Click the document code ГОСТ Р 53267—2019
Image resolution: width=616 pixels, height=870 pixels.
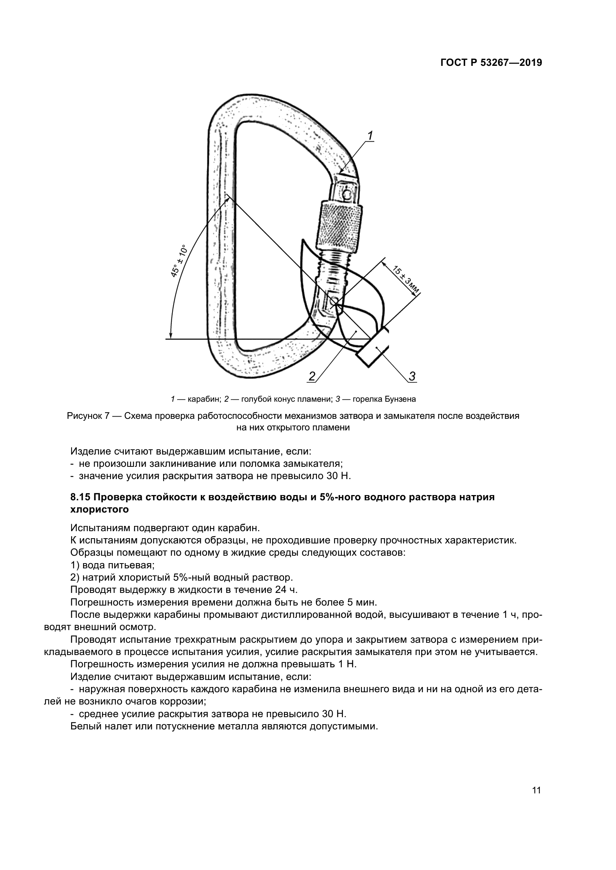tap(491, 63)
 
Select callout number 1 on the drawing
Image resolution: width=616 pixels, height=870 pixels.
tap(370, 135)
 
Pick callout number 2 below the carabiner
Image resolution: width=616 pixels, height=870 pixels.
tap(312, 376)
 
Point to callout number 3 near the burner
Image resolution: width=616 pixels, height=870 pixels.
tap(412, 376)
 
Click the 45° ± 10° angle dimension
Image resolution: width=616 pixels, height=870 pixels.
tap(180, 261)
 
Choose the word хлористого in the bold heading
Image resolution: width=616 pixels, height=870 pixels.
tap(100, 509)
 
